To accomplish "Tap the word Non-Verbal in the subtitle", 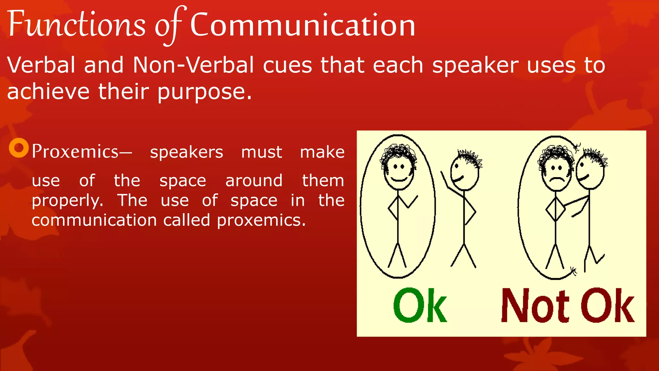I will [193, 65].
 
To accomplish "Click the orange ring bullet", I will [19, 148].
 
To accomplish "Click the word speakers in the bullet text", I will [186, 152].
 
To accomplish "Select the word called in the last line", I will [187, 221].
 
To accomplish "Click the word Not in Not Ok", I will [534, 306].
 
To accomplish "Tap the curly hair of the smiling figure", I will [398, 153].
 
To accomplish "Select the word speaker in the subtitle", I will [475, 65].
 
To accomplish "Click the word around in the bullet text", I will [254, 181].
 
